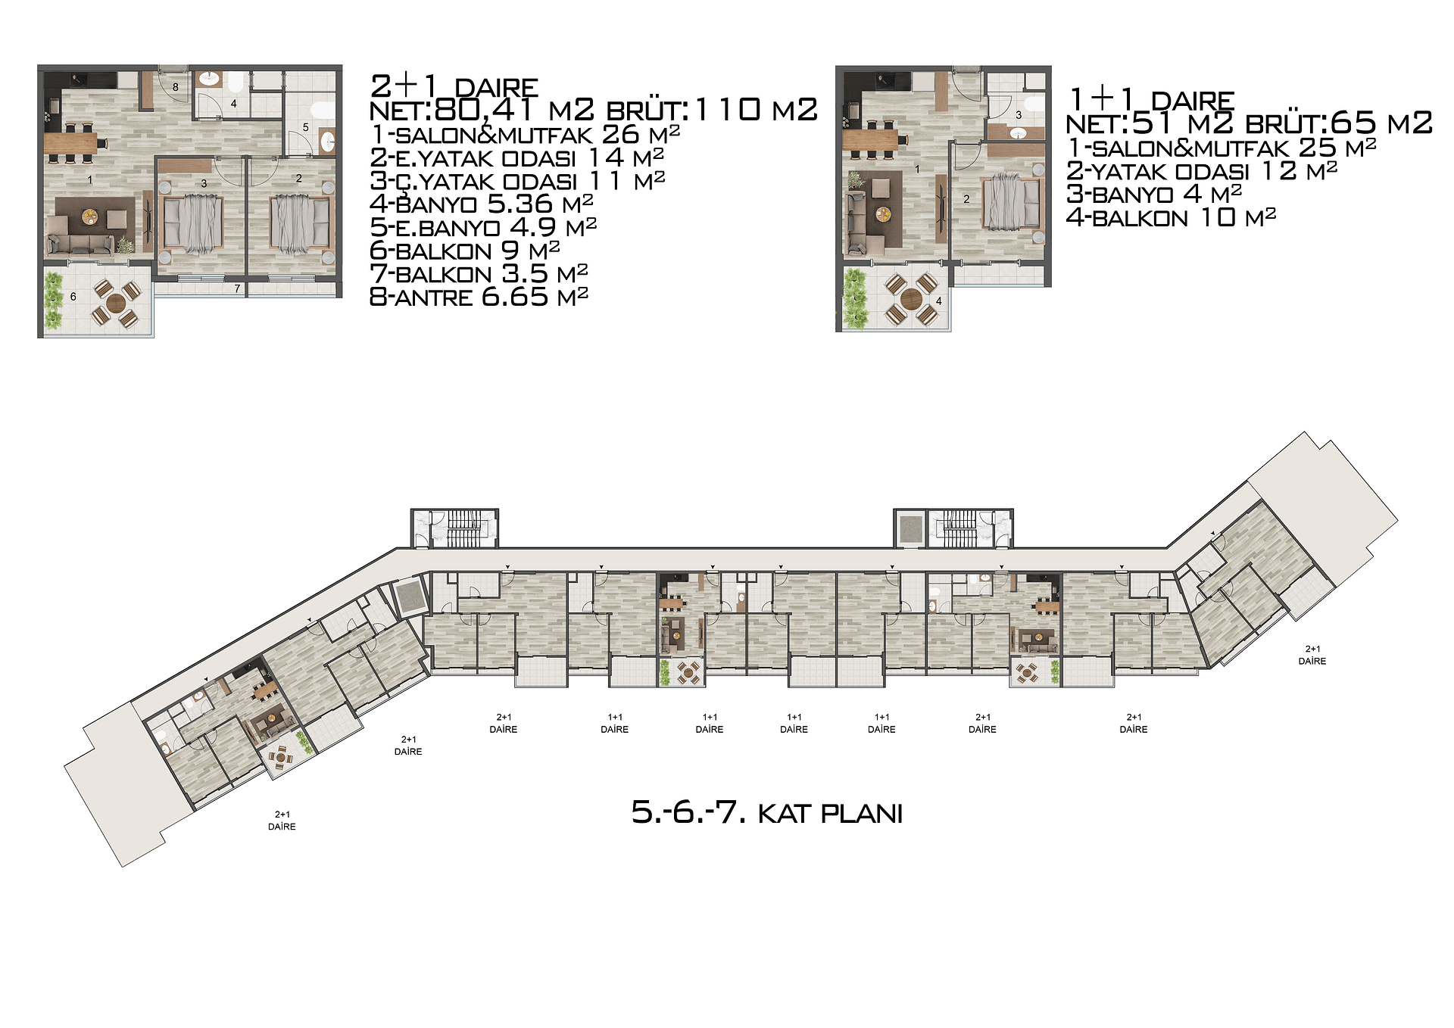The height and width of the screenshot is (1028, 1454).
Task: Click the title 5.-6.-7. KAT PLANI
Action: [x=767, y=813]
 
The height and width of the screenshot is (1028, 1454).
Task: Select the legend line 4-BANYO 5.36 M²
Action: [x=481, y=204]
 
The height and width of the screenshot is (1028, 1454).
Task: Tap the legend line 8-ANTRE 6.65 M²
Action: [x=479, y=297]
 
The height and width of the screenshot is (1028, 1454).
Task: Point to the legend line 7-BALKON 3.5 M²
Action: [x=479, y=273]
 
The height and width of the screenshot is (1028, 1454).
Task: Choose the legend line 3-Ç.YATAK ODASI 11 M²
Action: [x=517, y=181]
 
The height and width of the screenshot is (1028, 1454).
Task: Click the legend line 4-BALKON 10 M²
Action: [x=1171, y=218]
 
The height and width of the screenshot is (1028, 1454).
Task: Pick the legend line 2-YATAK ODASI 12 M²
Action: [x=1202, y=171]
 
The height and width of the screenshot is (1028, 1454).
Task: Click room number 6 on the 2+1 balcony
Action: [x=73, y=297]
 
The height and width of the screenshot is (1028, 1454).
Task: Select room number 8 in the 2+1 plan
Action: [x=176, y=87]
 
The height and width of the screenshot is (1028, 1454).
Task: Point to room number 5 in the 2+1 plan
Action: [x=306, y=127]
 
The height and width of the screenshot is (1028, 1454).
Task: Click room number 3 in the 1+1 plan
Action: [x=1019, y=115]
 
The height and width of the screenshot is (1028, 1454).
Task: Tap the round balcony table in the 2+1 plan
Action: [x=116, y=303]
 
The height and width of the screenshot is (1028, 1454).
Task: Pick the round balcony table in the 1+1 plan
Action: [x=911, y=299]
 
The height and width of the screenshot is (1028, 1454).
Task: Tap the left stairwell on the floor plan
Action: [x=454, y=528]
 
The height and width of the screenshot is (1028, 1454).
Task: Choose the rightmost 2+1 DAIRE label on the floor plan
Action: [x=1312, y=655]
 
